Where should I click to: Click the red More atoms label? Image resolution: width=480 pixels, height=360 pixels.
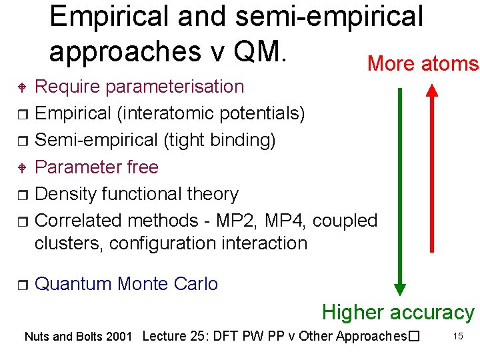(x=423, y=64)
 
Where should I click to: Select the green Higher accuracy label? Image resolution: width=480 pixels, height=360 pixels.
(x=398, y=312)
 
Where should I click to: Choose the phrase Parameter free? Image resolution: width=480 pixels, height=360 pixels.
(x=97, y=167)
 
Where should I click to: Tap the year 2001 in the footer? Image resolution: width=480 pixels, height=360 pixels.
(x=120, y=337)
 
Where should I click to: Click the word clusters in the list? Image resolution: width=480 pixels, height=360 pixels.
(x=69, y=243)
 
